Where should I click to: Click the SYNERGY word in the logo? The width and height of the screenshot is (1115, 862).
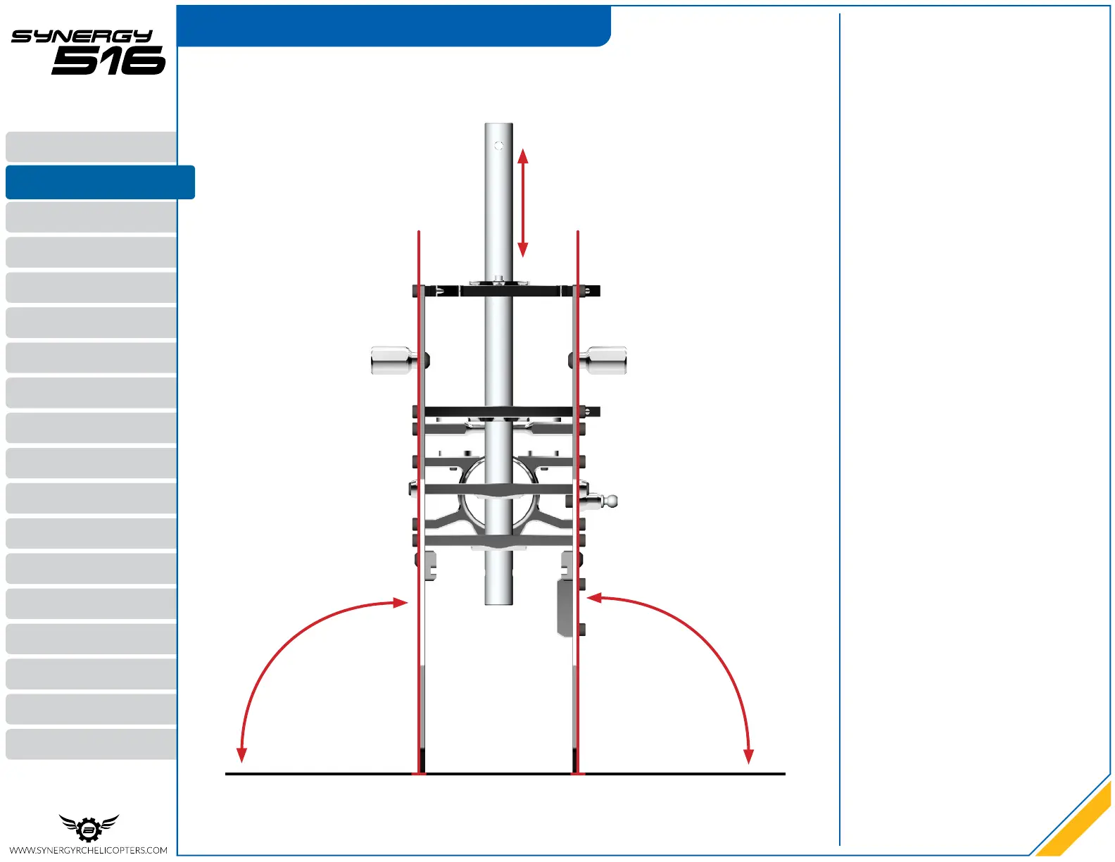coord(82,36)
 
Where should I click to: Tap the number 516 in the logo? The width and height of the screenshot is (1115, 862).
coord(109,61)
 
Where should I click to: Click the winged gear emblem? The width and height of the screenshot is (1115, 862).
coord(89,827)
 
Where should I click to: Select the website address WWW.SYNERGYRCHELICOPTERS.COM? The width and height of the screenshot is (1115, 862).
coord(88,850)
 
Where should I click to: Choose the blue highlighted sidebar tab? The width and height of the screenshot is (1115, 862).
coord(100,182)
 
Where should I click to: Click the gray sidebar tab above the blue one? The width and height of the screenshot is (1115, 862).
coord(92,146)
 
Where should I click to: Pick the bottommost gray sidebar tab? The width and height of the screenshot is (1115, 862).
coord(92,744)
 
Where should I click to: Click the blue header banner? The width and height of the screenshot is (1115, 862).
coord(393,25)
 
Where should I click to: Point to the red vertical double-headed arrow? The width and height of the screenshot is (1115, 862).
coord(523,203)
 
